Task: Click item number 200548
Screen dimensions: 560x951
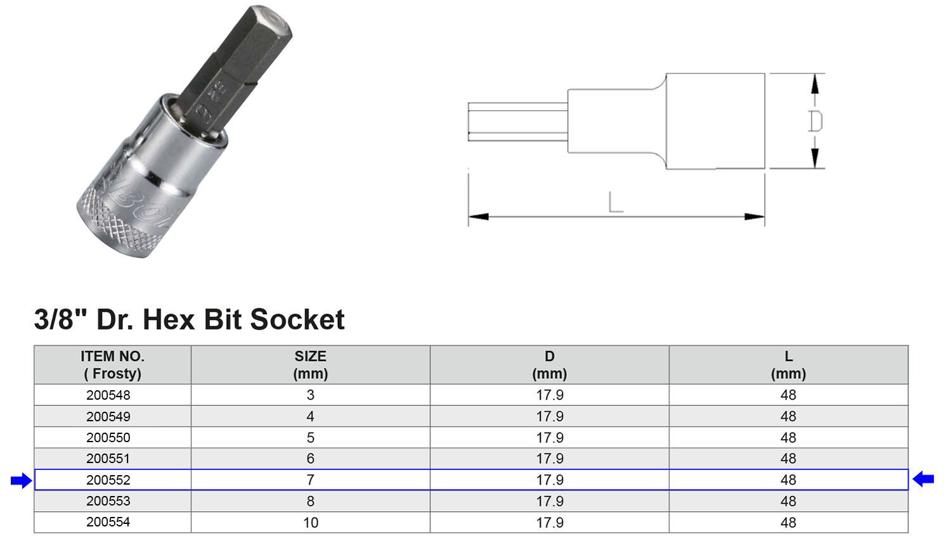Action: click(x=108, y=395)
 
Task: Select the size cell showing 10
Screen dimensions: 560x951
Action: click(x=311, y=523)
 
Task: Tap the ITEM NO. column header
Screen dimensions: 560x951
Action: click(x=112, y=365)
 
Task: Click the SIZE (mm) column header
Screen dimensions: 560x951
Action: click(x=311, y=365)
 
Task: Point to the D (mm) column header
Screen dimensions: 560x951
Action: click(x=550, y=365)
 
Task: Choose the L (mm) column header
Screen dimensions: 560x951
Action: click(x=788, y=365)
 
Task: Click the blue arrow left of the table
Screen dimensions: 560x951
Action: click(x=21, y=481)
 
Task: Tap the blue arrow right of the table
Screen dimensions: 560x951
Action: click(x=923, y=480)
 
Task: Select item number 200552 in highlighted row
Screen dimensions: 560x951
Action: click(x=108, y=480)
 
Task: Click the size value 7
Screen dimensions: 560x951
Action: click(x=311, y=480)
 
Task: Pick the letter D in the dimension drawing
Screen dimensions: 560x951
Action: click(x=815, y=121)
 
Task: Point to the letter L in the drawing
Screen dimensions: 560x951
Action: click(x=615, y=203)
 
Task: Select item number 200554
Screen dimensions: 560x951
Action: click(x=108, y=523)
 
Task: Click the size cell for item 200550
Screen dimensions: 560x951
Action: click(x=311, y=438)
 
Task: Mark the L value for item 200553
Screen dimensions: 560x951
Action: click(x=788, y=501)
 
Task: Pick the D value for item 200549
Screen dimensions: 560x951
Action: click(x=550, y=416)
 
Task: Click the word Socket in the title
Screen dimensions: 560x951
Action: click(x=297, y=319)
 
